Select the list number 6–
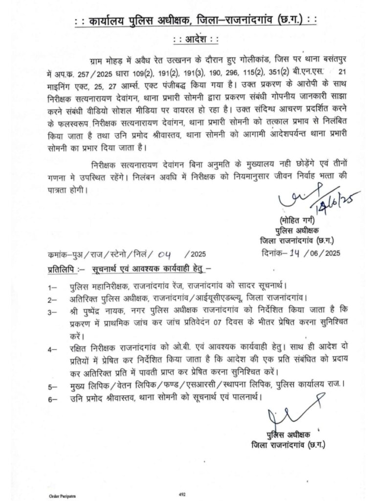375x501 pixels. click(x=52, y=399)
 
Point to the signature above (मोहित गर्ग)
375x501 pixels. click(x=313, y=197)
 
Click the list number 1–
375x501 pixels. click(x=52, y=286)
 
